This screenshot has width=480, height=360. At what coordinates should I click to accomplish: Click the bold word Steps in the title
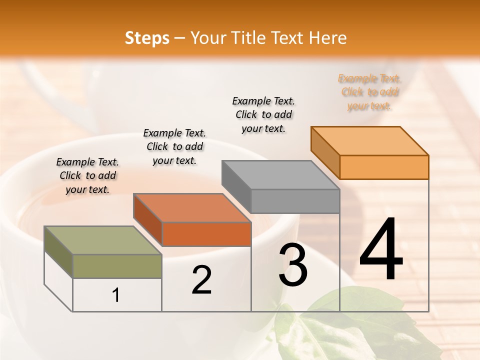coord(147,38)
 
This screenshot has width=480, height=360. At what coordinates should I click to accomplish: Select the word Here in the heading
coord(327,38)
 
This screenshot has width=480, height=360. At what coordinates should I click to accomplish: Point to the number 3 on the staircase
coord(293,265)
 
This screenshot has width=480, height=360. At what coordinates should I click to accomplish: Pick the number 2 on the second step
coord(202,280)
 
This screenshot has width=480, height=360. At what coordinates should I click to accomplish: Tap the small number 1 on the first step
coord(116,295)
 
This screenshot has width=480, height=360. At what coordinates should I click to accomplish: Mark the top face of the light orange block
coord(370,141)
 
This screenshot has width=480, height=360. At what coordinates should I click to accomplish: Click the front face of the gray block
coord(295,201)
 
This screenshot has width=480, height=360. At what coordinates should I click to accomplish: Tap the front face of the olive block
coord(117,266)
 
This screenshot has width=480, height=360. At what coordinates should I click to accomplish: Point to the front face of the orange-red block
coord(206,234)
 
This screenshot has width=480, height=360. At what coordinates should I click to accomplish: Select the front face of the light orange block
coord(384,167)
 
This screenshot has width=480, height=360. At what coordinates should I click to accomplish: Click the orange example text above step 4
coord(369,92)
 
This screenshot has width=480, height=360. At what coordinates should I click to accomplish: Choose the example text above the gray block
coord(263,114)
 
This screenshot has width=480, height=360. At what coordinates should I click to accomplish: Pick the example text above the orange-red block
coord(174,146)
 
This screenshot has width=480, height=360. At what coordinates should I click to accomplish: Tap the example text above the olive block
coord(87,175)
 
